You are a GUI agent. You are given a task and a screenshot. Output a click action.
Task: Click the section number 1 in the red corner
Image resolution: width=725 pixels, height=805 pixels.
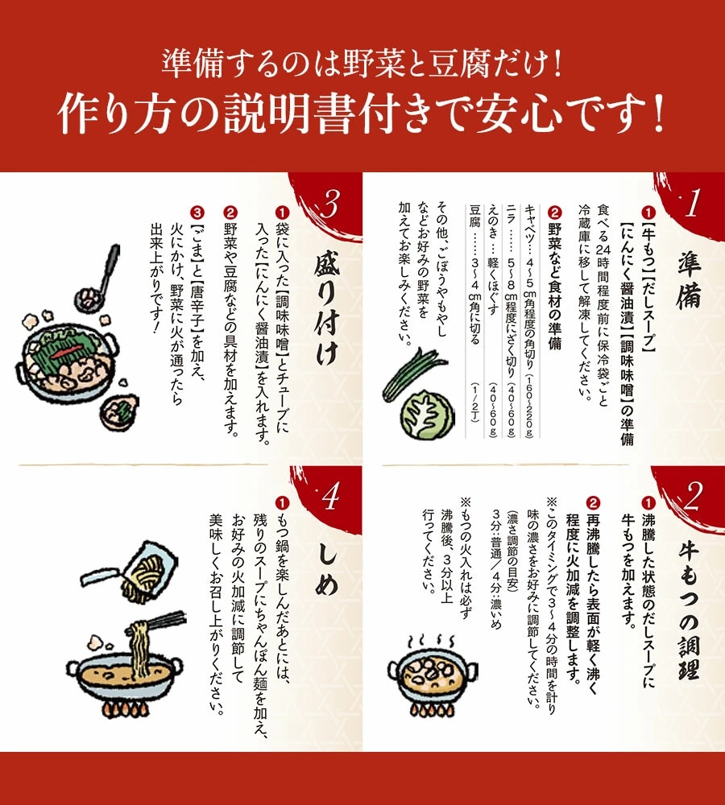tap(690, 206)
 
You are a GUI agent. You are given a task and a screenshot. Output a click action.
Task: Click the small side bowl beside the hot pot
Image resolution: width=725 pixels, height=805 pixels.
tap(118, 411)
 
